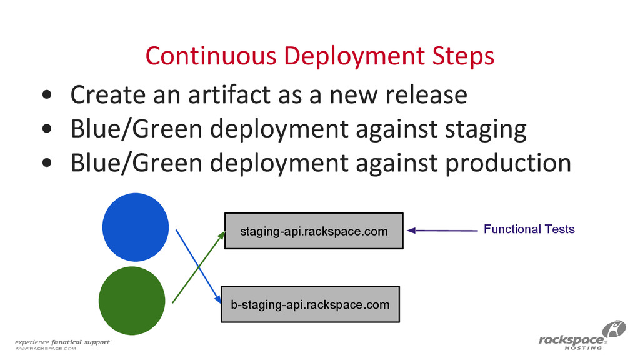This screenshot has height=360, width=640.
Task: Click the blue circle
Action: tap(135, 228)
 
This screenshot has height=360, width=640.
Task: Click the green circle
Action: tap(132, 301)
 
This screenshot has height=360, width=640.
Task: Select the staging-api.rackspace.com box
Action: tap(314, 231)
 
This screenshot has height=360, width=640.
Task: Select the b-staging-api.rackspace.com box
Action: tap(310, 304)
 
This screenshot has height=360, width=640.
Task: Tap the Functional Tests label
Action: tap(529, 229)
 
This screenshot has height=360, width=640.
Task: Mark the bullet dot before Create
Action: tap(47, 96)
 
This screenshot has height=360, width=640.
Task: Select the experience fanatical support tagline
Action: tap(63, 342)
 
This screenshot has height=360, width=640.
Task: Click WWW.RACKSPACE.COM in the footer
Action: tap(45, 350)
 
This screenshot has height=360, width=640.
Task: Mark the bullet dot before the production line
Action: tap(47, 164)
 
